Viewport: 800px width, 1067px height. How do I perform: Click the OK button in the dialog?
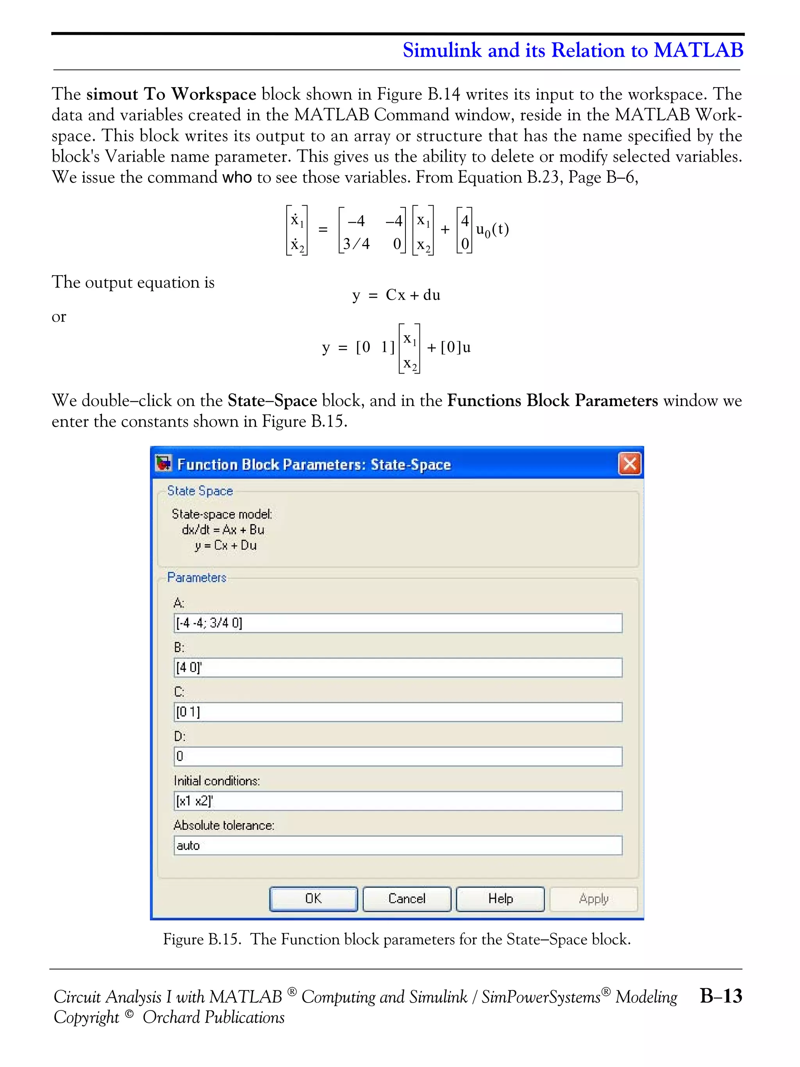(x=313, y=899)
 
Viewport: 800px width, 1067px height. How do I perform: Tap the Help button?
(x=500, y=899)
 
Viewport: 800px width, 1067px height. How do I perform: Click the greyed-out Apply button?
(x=594, y=899)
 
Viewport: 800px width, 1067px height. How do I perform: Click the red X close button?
(x=629, y=464)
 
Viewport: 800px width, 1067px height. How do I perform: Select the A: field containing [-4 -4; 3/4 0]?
(x=397, y=623)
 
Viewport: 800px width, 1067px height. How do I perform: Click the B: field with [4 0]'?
(x=397, y=668)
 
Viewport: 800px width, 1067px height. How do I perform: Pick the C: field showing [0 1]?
(x=397, y=712)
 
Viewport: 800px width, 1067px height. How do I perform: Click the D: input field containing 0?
(x=397, y=756)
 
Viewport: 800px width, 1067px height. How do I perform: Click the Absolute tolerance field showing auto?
(x=397, y=845)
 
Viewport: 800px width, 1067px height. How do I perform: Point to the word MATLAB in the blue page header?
(x=698, y=50)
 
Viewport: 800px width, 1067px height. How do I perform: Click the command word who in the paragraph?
(x=237, y=177)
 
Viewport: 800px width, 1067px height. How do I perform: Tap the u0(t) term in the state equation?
(x=492, y=230)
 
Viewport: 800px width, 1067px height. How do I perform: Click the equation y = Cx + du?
(x=396, y=295)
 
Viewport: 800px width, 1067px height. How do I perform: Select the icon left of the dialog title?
(x=163, y=463)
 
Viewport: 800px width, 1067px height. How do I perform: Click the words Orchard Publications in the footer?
(x=213, y=1017)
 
